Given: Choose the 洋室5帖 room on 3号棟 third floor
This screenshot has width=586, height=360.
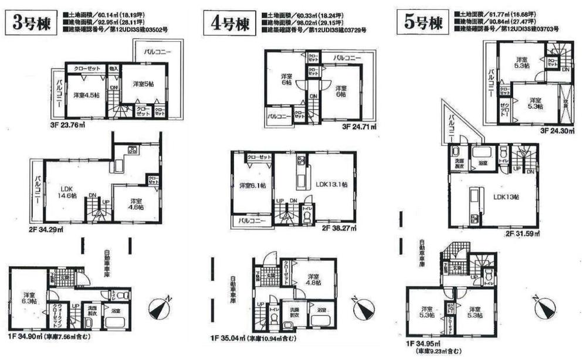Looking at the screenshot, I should (x=142, y=84).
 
